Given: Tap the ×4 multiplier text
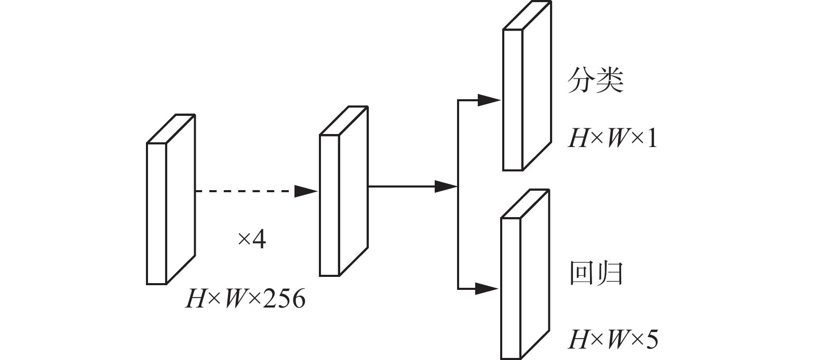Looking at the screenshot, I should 251,239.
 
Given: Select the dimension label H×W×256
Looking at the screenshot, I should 245,300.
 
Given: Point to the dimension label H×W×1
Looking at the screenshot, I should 613,139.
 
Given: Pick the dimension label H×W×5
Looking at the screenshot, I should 613,340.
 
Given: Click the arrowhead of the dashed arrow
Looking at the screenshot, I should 306,191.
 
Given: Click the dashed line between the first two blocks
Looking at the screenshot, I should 244,191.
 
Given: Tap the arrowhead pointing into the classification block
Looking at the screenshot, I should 489,100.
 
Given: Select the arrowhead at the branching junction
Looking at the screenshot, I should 446,186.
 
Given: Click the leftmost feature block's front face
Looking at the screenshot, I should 156,214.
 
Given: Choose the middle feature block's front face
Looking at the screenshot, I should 329,205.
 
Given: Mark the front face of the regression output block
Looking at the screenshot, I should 510,288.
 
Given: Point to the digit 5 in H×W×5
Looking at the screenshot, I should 652,340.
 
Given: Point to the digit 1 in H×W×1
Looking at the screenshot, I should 652,139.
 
